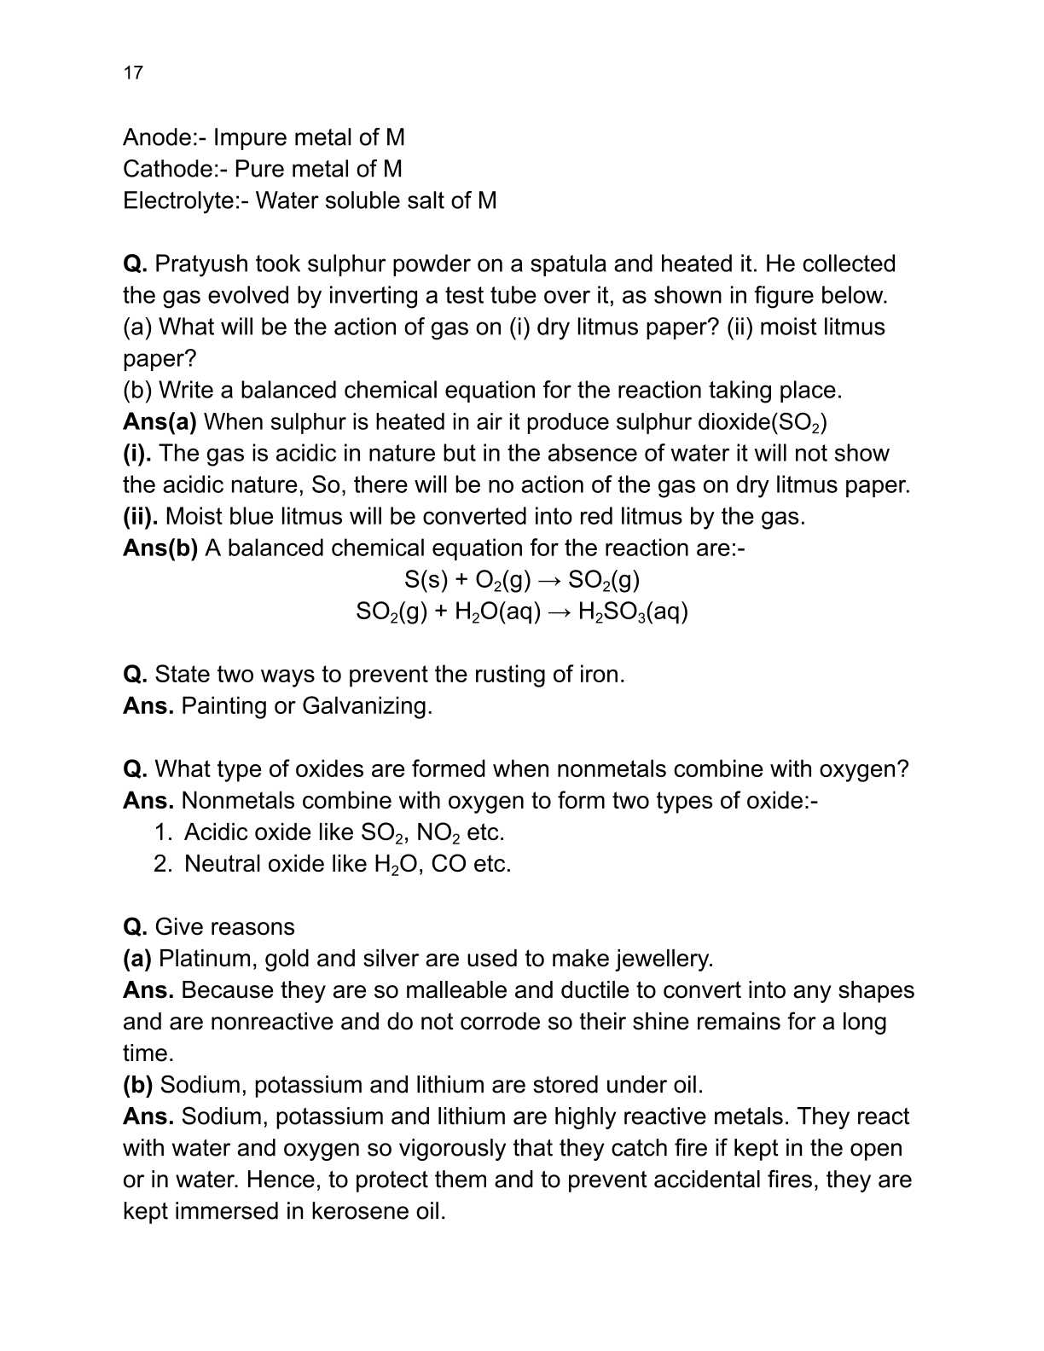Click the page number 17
(133, 72)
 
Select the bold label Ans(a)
(159, 422)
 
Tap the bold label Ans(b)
(160, 548)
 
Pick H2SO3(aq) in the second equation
(633, 612)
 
